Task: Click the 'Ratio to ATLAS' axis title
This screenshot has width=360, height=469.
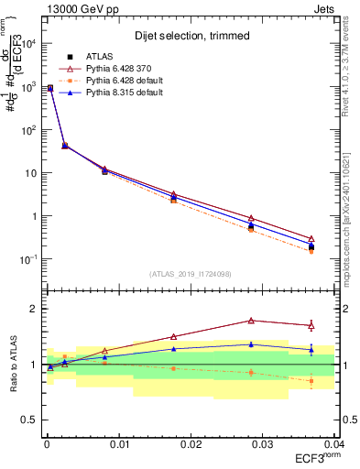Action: click(x=12, y=364)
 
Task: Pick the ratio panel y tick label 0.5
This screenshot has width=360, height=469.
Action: click(x=30, y=420)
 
